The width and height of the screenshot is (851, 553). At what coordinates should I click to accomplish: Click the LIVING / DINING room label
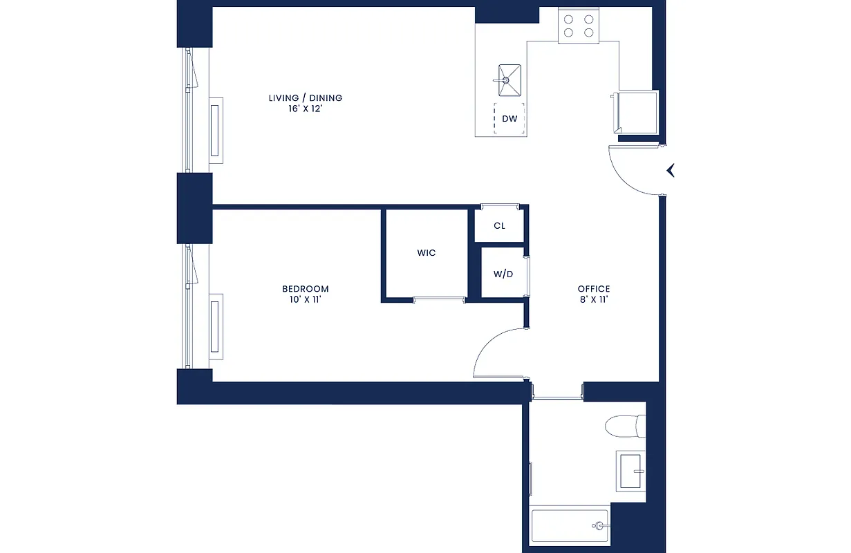[305, 98]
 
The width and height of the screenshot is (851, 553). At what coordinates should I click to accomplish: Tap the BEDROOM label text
[305, 289]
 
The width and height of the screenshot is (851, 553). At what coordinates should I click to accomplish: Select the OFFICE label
[594, 289]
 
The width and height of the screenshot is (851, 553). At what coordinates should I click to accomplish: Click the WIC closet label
[427, 253]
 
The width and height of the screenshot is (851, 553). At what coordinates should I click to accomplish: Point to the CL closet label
[499, 226]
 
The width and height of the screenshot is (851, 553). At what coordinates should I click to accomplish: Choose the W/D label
[503, 274]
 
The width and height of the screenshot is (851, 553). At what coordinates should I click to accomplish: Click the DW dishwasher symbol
[509, 119]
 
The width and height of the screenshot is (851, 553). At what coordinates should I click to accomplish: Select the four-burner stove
[579, 26]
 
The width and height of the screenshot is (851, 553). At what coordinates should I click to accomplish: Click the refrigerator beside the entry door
[637, 113]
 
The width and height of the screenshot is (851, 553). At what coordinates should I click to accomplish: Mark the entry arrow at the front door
[670, 170]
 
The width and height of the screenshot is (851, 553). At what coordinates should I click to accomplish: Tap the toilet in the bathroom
[625, 426]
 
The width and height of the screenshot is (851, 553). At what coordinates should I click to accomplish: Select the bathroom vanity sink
[630, 471]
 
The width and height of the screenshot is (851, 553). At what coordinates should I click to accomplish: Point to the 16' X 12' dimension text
[305, 109]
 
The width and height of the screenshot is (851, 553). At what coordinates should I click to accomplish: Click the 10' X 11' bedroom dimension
[305, 300]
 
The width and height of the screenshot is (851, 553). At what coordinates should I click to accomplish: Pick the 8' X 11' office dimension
[594, 300]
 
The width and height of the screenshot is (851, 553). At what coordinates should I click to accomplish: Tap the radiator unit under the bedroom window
[216, 327]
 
